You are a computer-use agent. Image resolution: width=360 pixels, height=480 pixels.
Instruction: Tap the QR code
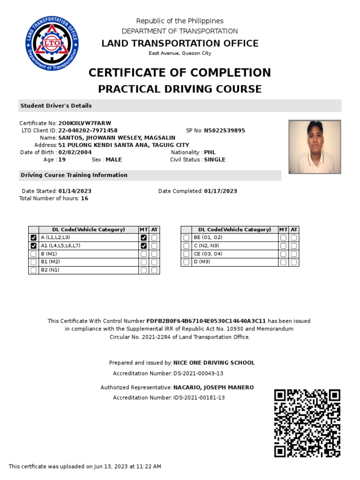[307, 423]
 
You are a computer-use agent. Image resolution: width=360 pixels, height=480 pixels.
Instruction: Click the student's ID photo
[315, 147]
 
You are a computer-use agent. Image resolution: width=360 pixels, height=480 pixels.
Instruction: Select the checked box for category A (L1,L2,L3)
[33, 238]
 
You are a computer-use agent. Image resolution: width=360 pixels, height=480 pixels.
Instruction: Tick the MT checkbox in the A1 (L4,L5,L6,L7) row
[144, 246]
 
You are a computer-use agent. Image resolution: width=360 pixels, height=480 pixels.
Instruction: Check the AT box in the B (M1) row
[154, 254]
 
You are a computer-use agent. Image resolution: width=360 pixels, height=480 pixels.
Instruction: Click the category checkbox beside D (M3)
[187, 262]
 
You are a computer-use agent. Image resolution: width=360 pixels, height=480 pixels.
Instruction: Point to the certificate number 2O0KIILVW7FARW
[84, 123]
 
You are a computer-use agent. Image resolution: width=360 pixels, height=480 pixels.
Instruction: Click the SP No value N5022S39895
[225, 131]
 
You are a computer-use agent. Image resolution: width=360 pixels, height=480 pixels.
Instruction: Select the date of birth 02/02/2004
[75, 152]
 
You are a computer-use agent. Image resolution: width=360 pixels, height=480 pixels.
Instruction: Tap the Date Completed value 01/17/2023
[220, 191]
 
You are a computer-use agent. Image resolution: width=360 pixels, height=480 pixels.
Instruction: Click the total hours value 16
[84, 199]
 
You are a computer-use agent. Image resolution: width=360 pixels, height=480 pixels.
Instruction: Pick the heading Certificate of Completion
[180, 73]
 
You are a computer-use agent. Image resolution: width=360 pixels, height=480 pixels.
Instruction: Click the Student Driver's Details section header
[56, 106]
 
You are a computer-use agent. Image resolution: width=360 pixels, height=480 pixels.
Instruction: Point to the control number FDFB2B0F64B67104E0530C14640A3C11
[206, 322]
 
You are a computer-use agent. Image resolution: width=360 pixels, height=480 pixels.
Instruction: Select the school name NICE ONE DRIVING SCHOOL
[214, 363]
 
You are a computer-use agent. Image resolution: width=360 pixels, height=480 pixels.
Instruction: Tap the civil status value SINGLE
[215, 160]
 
